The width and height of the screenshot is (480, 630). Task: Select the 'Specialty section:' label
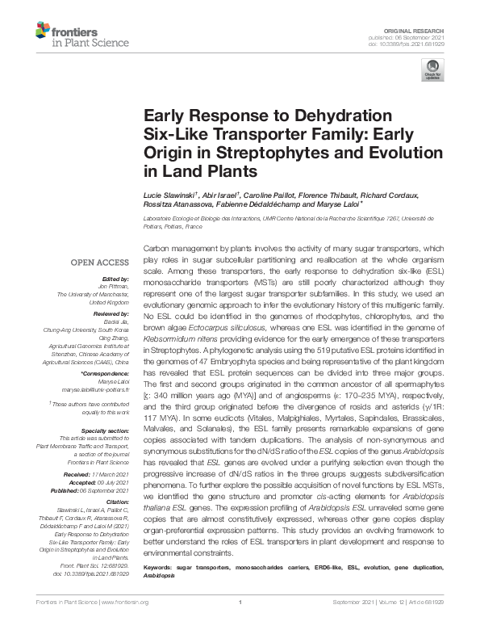point(105,432)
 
